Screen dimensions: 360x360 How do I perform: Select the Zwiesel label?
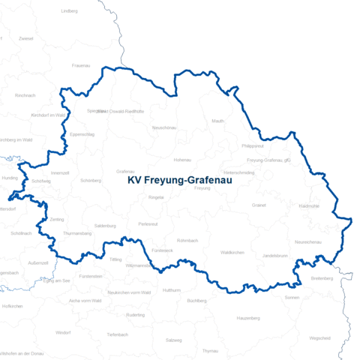point(26,38)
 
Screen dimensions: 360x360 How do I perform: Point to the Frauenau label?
point(81,66)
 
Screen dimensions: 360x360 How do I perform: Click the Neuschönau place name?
point(164,127)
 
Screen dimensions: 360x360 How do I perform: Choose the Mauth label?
point(218,121)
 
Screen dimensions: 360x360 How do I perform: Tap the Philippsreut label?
point(253,146)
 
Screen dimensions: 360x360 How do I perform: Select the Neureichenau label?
point(307,242)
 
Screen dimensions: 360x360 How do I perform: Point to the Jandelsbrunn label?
point(275,256)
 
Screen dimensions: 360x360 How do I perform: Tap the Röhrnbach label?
point(187,240)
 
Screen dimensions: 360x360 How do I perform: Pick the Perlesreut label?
point(148,224)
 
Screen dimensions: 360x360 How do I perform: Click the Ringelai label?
point(157,196)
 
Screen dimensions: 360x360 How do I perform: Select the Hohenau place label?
point(182,160)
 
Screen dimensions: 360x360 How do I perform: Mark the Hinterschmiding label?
point(238,172)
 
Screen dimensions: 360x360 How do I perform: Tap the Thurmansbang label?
point(77,233)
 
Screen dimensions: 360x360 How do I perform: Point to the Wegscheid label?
point(319,337)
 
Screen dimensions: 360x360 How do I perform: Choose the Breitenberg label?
point(321,279)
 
